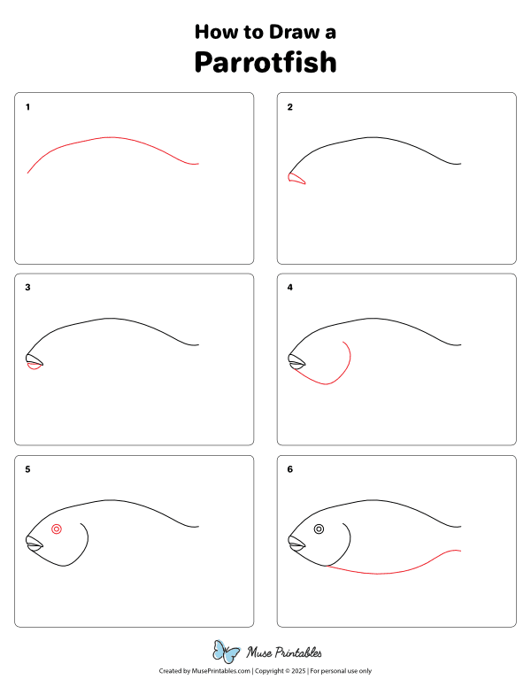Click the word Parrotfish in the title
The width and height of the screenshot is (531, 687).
(265, 63)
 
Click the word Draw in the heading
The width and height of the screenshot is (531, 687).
(289, 33)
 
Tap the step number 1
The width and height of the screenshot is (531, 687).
(28, 107)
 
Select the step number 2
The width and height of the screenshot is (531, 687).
(289, 107)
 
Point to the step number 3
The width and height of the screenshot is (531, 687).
(28, 287)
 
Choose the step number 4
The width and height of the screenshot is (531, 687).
(289, 287)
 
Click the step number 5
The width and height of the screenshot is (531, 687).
(28, 469)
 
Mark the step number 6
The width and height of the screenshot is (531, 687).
(289, 469)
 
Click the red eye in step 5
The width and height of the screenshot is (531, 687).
(57, 529)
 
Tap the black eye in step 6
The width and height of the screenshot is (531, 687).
(319, 529)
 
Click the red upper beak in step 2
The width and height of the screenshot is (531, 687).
(296, 180)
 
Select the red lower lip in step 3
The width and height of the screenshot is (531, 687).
(34, 366)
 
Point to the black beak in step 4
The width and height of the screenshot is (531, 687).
(296, 360)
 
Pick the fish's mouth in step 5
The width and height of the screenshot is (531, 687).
(35, 544)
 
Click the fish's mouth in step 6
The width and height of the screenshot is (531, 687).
(296, 544)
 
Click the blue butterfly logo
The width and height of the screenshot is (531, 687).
(227, 652)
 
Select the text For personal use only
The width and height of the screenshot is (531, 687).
(341, 672)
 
